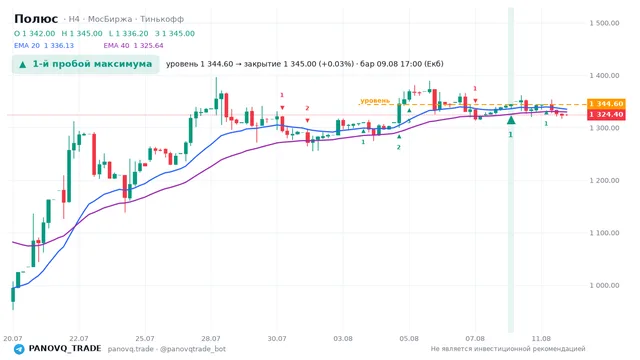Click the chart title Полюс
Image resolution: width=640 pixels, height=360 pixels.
point(36,19)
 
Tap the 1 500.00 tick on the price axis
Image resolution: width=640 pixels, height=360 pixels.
point(604,23)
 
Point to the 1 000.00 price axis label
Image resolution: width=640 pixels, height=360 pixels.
point(604,285)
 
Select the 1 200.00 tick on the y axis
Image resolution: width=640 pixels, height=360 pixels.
point(604,180)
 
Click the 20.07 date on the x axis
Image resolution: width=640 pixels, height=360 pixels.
point(13,338)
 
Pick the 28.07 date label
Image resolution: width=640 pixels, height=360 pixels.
point(211,338)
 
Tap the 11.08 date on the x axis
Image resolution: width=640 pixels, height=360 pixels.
point(541,338)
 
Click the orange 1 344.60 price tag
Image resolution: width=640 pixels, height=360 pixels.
point(606,104)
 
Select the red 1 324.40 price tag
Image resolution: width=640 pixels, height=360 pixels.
point(606,115)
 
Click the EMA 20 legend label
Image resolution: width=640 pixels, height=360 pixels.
point(27,46)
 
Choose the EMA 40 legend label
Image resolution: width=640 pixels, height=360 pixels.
point(116,46)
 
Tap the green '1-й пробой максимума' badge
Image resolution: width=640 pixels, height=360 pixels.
point(85,64)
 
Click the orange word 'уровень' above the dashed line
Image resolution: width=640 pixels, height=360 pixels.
point(375,100)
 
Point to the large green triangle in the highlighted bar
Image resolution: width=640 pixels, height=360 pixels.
point(511,120)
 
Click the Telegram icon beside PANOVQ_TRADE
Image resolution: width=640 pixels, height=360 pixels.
point(19,349)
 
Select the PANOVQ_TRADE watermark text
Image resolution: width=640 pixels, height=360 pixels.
point(65,349)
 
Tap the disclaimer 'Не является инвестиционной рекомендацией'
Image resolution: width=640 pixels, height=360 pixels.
point(508,349)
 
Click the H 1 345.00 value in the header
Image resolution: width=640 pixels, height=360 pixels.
point(82,33)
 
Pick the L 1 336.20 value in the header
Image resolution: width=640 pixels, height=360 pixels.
point(129,33)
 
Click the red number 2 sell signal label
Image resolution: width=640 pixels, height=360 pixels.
point(307,108)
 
